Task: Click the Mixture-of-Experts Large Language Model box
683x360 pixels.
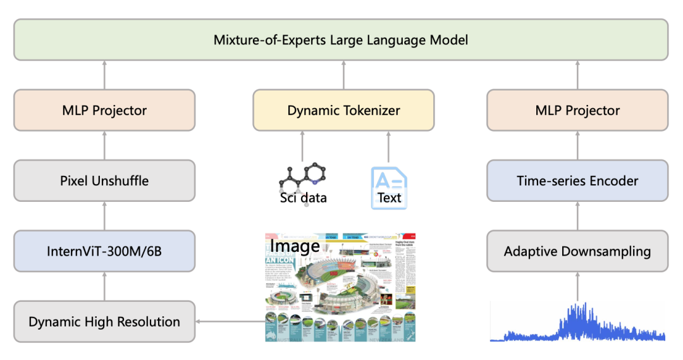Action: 341,40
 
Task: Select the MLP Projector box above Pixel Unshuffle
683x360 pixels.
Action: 104,110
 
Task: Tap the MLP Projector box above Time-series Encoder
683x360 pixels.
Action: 577,110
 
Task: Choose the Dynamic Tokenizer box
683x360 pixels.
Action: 343,110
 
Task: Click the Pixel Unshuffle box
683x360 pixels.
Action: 104,180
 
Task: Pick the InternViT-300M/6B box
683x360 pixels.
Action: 104,251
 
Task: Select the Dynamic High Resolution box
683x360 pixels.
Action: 104,321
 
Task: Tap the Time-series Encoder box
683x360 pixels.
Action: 577,180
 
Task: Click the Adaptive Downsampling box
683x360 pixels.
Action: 577,251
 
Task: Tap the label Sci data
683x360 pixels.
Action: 304,198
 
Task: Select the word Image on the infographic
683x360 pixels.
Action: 295,245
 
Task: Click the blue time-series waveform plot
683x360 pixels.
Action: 577,323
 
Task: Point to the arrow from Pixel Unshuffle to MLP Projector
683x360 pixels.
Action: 104,146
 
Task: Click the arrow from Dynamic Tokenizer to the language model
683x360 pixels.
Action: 343,75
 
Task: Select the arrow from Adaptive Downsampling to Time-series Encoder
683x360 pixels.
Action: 577,216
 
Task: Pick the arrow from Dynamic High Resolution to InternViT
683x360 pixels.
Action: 104,287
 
